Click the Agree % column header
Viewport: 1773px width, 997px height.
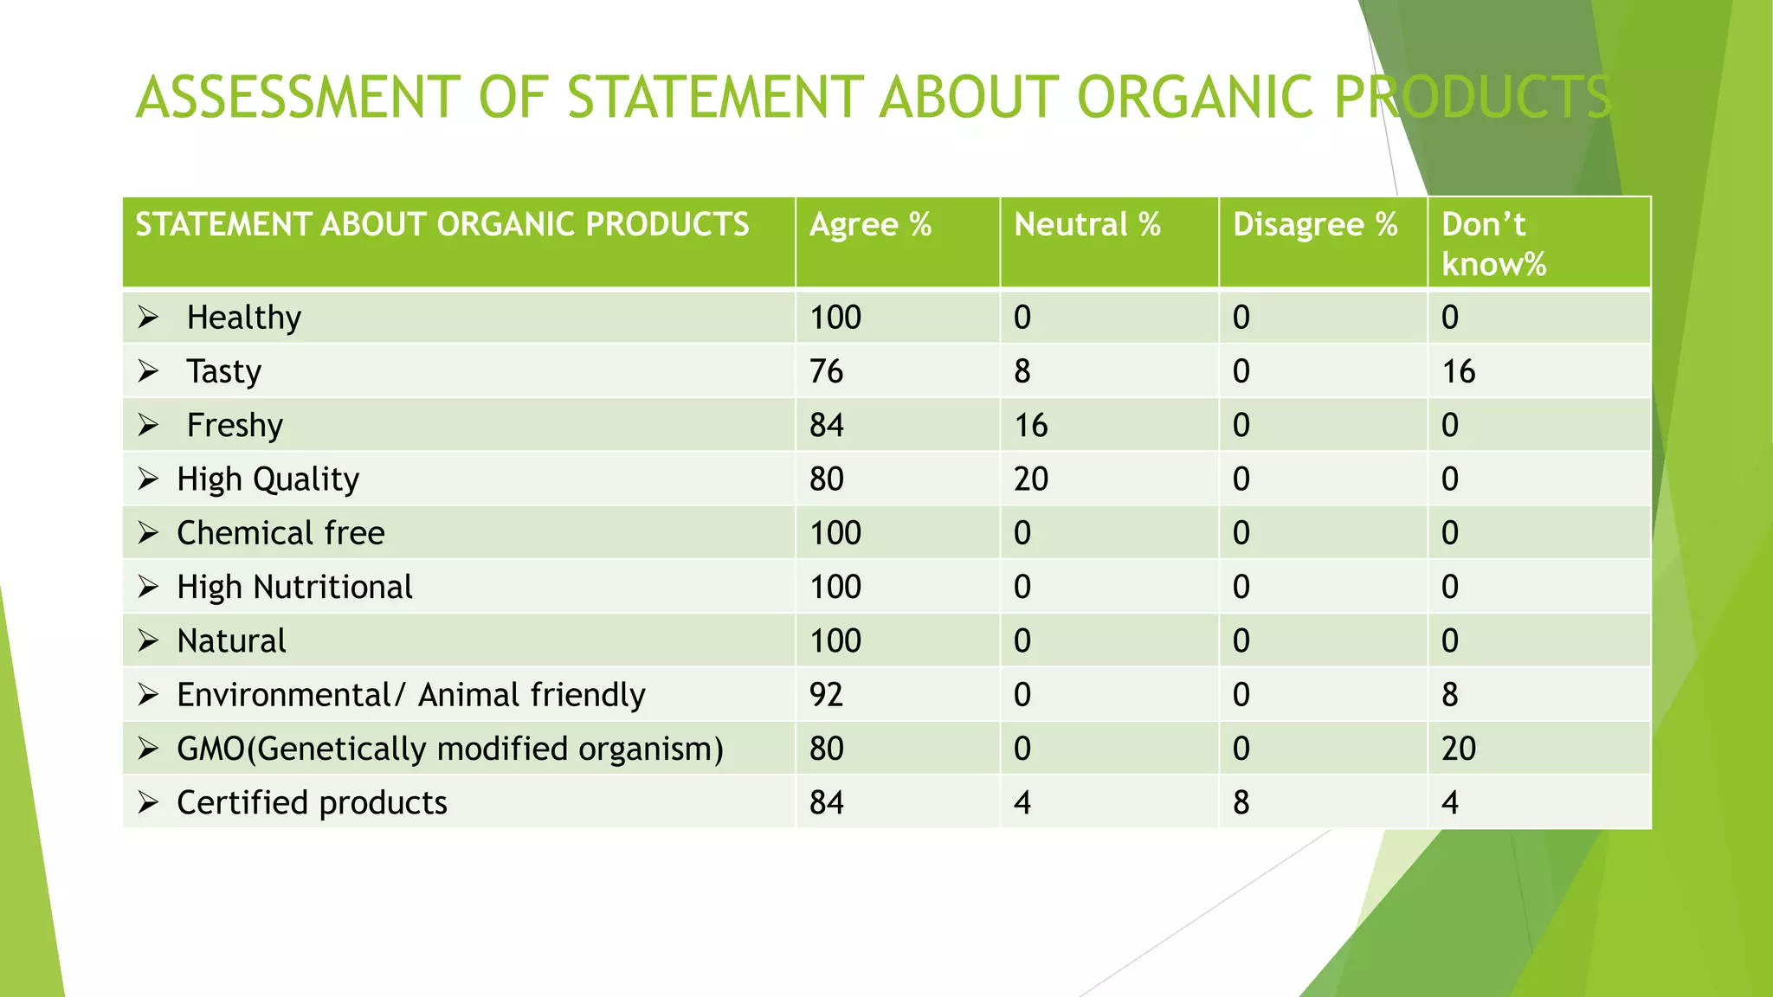tap(870, 226)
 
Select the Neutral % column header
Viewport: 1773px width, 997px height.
tap(1086, 226)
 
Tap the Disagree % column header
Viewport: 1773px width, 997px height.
tap(1314, 226)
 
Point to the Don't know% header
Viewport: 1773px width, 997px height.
tap(1493, 244)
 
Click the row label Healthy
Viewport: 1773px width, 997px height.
tap(244, 318)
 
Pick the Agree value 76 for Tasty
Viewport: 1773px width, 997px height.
tap(826, 371)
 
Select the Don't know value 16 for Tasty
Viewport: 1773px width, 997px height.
tap(1458, 371)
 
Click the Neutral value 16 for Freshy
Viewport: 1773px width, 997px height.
tap(1030, 425)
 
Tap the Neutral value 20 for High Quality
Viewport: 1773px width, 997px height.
tap(1030, 479)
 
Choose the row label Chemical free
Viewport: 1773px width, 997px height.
tap(280, 533)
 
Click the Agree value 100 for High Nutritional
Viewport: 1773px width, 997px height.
tap(835, 587)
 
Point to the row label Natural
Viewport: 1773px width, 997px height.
tap(231, 641)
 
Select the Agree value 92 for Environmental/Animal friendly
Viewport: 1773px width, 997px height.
tap(826, 695)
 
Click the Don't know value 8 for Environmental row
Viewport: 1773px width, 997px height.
tap(1450, 695)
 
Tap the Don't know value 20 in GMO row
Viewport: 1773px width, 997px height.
tap(1458, 749)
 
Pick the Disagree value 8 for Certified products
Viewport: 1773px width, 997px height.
tap(1241, 803)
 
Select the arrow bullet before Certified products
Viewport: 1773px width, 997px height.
tap(148, 803)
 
